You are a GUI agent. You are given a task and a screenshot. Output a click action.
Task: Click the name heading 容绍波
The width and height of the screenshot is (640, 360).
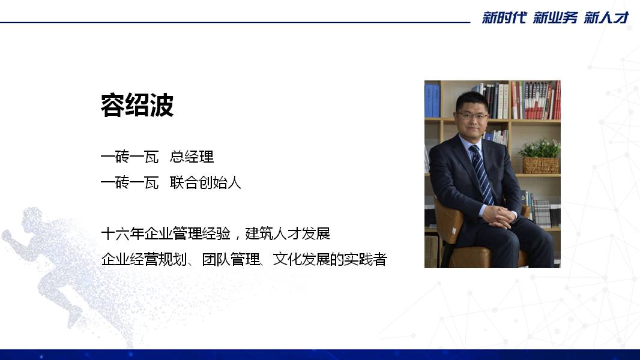pyautogui.click(x=137, y=105)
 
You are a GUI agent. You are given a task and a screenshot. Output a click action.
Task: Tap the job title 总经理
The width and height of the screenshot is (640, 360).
pyautogui.click(x=192, y=157)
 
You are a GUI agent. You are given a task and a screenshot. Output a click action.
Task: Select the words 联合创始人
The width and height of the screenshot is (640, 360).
pyautogui.click(x=205, y=182)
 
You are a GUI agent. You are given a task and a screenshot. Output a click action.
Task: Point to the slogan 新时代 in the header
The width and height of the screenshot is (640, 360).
pyautogui.click(x=504, y=17)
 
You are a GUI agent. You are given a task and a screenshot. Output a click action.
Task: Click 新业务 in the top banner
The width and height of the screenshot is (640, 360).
pyautogui.click(x=555, y=17)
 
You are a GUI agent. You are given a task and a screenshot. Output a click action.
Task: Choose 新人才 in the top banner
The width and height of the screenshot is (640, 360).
pyautogui.click(x=606, y=17)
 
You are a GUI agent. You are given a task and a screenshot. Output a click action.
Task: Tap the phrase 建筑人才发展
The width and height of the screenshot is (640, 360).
pyautogui.click(x=288, y=233)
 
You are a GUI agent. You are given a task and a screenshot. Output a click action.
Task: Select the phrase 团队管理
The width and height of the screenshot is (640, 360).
pyautogui.click(x=231, y=259)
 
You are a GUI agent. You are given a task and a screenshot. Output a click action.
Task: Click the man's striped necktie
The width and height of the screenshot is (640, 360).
pyautogui.click(x=482, y=175)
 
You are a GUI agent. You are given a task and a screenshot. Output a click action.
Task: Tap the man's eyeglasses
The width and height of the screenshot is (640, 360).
pyautogui.click(x=473, y=116)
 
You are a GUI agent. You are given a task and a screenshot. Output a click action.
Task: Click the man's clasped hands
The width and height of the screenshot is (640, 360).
pyautogui.click(x=499, y=216)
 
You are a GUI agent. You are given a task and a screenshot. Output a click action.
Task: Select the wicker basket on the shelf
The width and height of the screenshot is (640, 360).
pyautogui.click(x=541, y=166)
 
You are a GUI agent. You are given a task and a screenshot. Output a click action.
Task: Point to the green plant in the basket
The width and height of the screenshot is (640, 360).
pyautogui.click(x=540, y=149)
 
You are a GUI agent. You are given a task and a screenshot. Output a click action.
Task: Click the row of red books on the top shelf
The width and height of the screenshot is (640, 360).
pyautogui.click(x=536, y=100)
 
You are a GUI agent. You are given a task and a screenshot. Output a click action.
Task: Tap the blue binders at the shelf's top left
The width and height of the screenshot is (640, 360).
pyautogui.click(x=432, y=100)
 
